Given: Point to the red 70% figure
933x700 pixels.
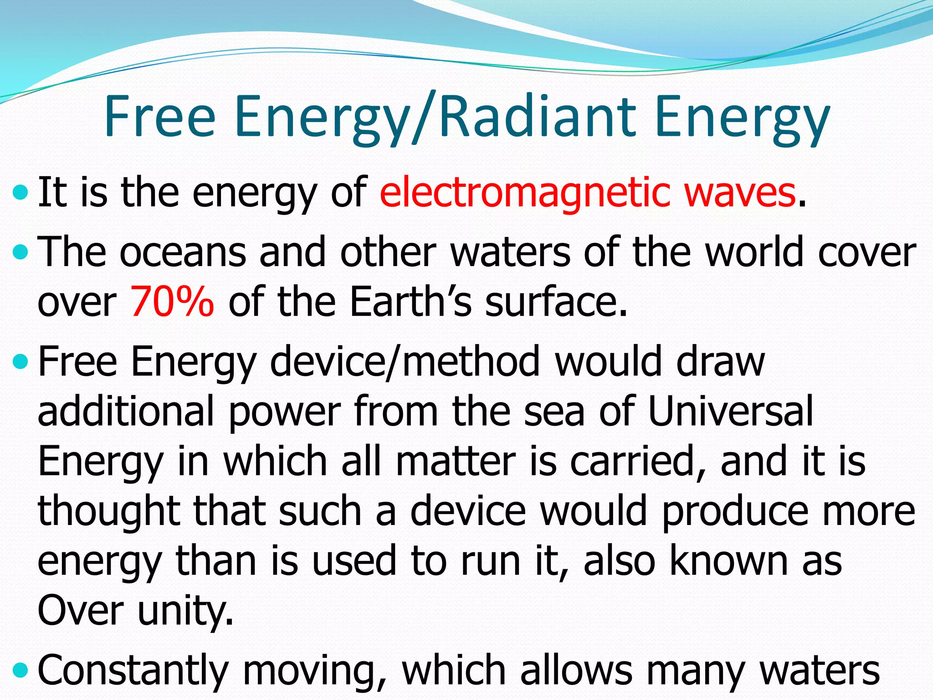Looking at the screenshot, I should click(x=172, y=302).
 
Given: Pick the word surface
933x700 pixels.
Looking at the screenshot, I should click(x=556, y=302).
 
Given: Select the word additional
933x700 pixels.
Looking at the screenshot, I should click(x=126, y=411).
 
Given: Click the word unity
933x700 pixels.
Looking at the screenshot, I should click(x=185, y=612).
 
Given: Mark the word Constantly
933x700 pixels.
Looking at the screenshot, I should click(x=133, y=671).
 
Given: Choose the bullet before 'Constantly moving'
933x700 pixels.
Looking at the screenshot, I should click(x=21, y=670).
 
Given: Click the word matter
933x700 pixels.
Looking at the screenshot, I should click(x=456, y=461).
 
